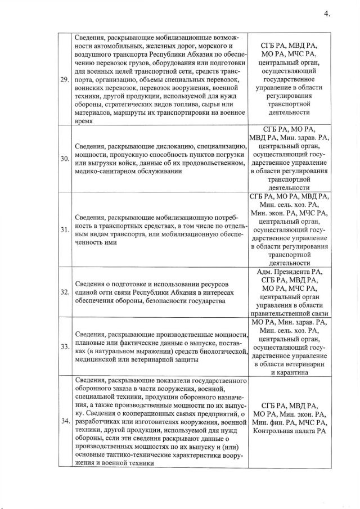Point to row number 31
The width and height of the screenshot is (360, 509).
point(65,229)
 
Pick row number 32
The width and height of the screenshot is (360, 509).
point(65,291)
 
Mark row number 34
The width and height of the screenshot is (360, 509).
point(65,420)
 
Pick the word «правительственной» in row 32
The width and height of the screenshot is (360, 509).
point(280,313)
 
